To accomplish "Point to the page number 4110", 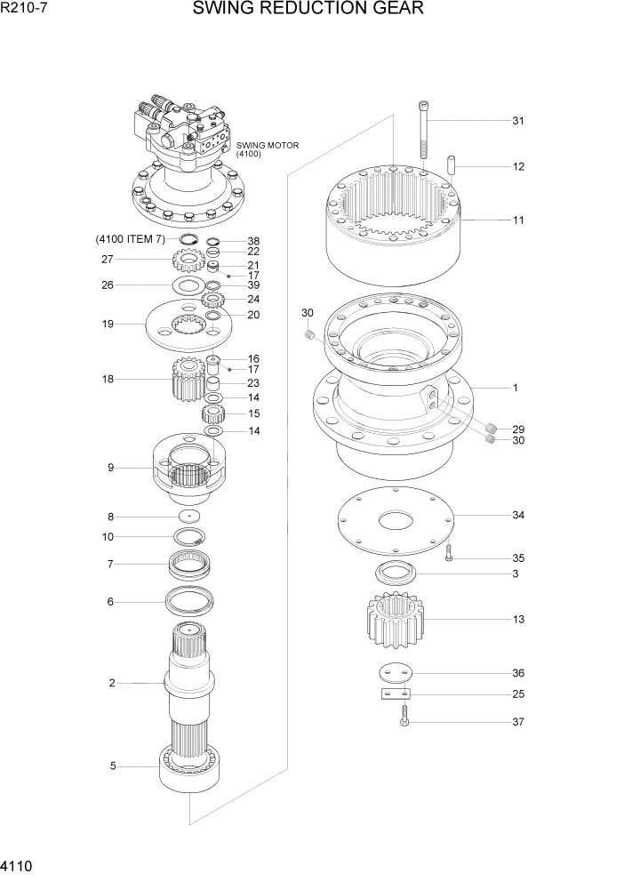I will [x=19, y=865].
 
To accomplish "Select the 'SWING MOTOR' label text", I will [x=268, y=145].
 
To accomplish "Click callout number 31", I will [x=517, y=121].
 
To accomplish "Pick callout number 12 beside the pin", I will [x=517, y=166].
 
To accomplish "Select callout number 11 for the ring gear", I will [x=517, y=219].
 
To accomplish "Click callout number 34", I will [x=517, y=515].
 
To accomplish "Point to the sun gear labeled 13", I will [x=392, y=619].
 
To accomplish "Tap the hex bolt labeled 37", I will [x=404, y=718].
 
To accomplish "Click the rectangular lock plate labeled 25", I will [x=395, y=694].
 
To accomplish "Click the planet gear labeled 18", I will [x=185, y=380].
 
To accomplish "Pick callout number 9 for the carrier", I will [x=111, y=468].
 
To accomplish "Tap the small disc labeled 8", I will [x=189, y=517].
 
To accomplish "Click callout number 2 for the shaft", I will [x=112, y=683].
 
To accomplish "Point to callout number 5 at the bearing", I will [x=113, y=766].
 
